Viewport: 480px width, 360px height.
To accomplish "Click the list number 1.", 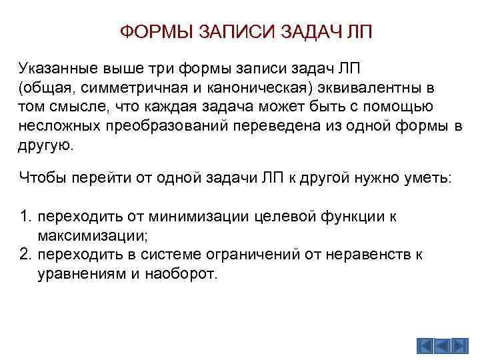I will [25, 217].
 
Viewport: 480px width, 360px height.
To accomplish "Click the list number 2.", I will [25, 255].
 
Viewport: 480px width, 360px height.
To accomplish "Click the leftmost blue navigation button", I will [426, 347].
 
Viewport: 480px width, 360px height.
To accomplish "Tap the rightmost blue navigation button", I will [461, 347].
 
